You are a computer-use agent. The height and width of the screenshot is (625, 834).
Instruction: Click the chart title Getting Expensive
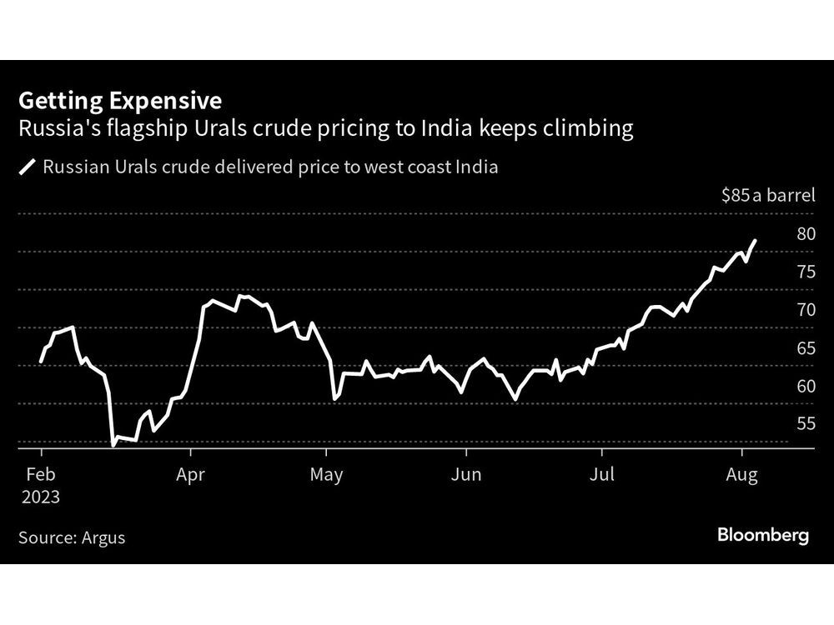click(120, 101)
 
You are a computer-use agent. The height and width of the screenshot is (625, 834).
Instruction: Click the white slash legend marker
click(28, 167)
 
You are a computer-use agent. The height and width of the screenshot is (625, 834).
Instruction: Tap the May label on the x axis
click(326, 475)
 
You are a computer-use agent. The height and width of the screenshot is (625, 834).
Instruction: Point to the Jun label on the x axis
click(465, 475)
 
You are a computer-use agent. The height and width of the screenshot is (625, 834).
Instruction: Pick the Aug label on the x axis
click(741, 475)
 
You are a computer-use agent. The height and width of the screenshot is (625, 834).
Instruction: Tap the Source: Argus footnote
click(72, 537)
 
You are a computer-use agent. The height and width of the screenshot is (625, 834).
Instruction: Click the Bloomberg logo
click(763, 536)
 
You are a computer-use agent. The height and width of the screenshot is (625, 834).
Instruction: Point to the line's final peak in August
click(755, 241)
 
